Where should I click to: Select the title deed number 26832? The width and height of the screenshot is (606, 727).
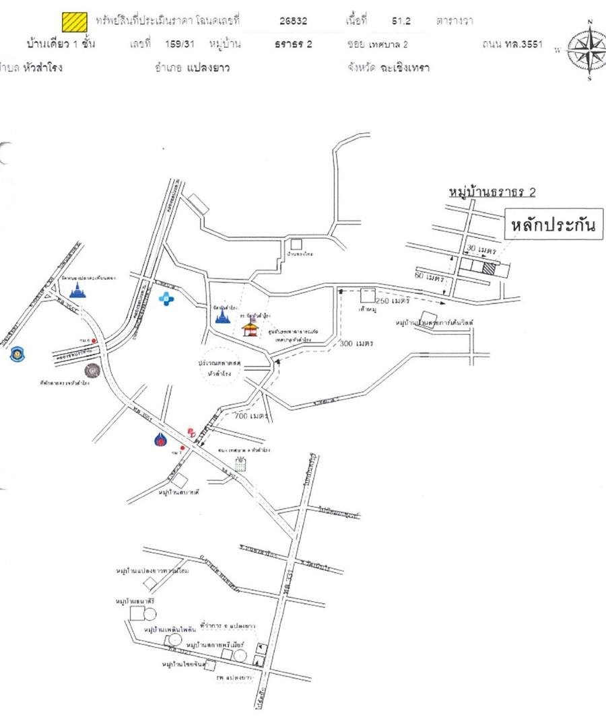click(x=293, y=21)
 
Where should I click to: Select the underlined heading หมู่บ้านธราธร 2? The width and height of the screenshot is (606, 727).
click(x=492, y=192)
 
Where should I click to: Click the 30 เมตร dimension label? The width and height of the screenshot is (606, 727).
click(x=481, y=250)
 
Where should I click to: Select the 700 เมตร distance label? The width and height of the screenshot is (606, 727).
click(x=250, y=416)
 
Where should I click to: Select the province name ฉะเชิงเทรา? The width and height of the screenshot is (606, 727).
click(x=404, y=67)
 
